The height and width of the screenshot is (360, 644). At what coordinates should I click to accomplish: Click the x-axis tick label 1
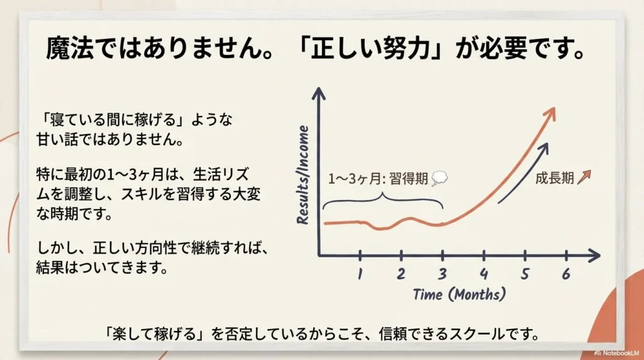pos(360,274)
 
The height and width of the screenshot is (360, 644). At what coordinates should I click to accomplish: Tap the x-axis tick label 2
pos(401,274)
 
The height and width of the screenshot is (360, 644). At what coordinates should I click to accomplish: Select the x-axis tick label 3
pos(442,274)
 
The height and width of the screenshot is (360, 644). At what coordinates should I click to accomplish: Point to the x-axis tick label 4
pos(484,274)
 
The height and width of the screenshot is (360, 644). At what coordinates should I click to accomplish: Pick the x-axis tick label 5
pos(525,274)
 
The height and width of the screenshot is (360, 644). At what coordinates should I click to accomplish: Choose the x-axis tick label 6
pos(567,274)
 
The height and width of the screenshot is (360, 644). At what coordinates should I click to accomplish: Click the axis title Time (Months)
pos(459,295)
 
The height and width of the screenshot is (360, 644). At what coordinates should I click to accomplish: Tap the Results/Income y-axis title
pos(303,175)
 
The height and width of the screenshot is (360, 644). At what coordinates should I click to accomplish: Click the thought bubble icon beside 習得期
pos(440,178)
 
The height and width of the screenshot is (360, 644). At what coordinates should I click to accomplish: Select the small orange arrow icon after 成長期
pos(584,177)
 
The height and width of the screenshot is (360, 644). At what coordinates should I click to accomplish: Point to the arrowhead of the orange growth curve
pos(550,114)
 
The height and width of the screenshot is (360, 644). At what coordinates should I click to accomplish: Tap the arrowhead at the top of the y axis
pos(319,93)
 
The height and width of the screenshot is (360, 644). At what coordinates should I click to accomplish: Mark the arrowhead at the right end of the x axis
pos(594,256)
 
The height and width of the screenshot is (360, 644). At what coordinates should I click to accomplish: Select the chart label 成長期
pos(555,178)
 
